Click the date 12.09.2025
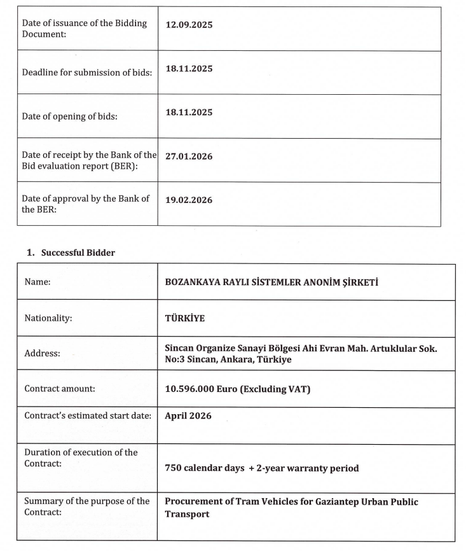[189, 25]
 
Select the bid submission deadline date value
[189, 68]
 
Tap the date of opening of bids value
[189, 112]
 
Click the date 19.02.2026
[189, 200]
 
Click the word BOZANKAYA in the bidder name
[190, 282]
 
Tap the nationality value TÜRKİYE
[184, 319]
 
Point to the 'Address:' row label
[42, 354]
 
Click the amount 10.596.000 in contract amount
[188, 389]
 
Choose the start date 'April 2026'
[188, 416]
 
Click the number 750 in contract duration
[173, 468]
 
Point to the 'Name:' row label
[38, 282]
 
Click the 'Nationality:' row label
[48, 319]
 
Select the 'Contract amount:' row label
[59, 388]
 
